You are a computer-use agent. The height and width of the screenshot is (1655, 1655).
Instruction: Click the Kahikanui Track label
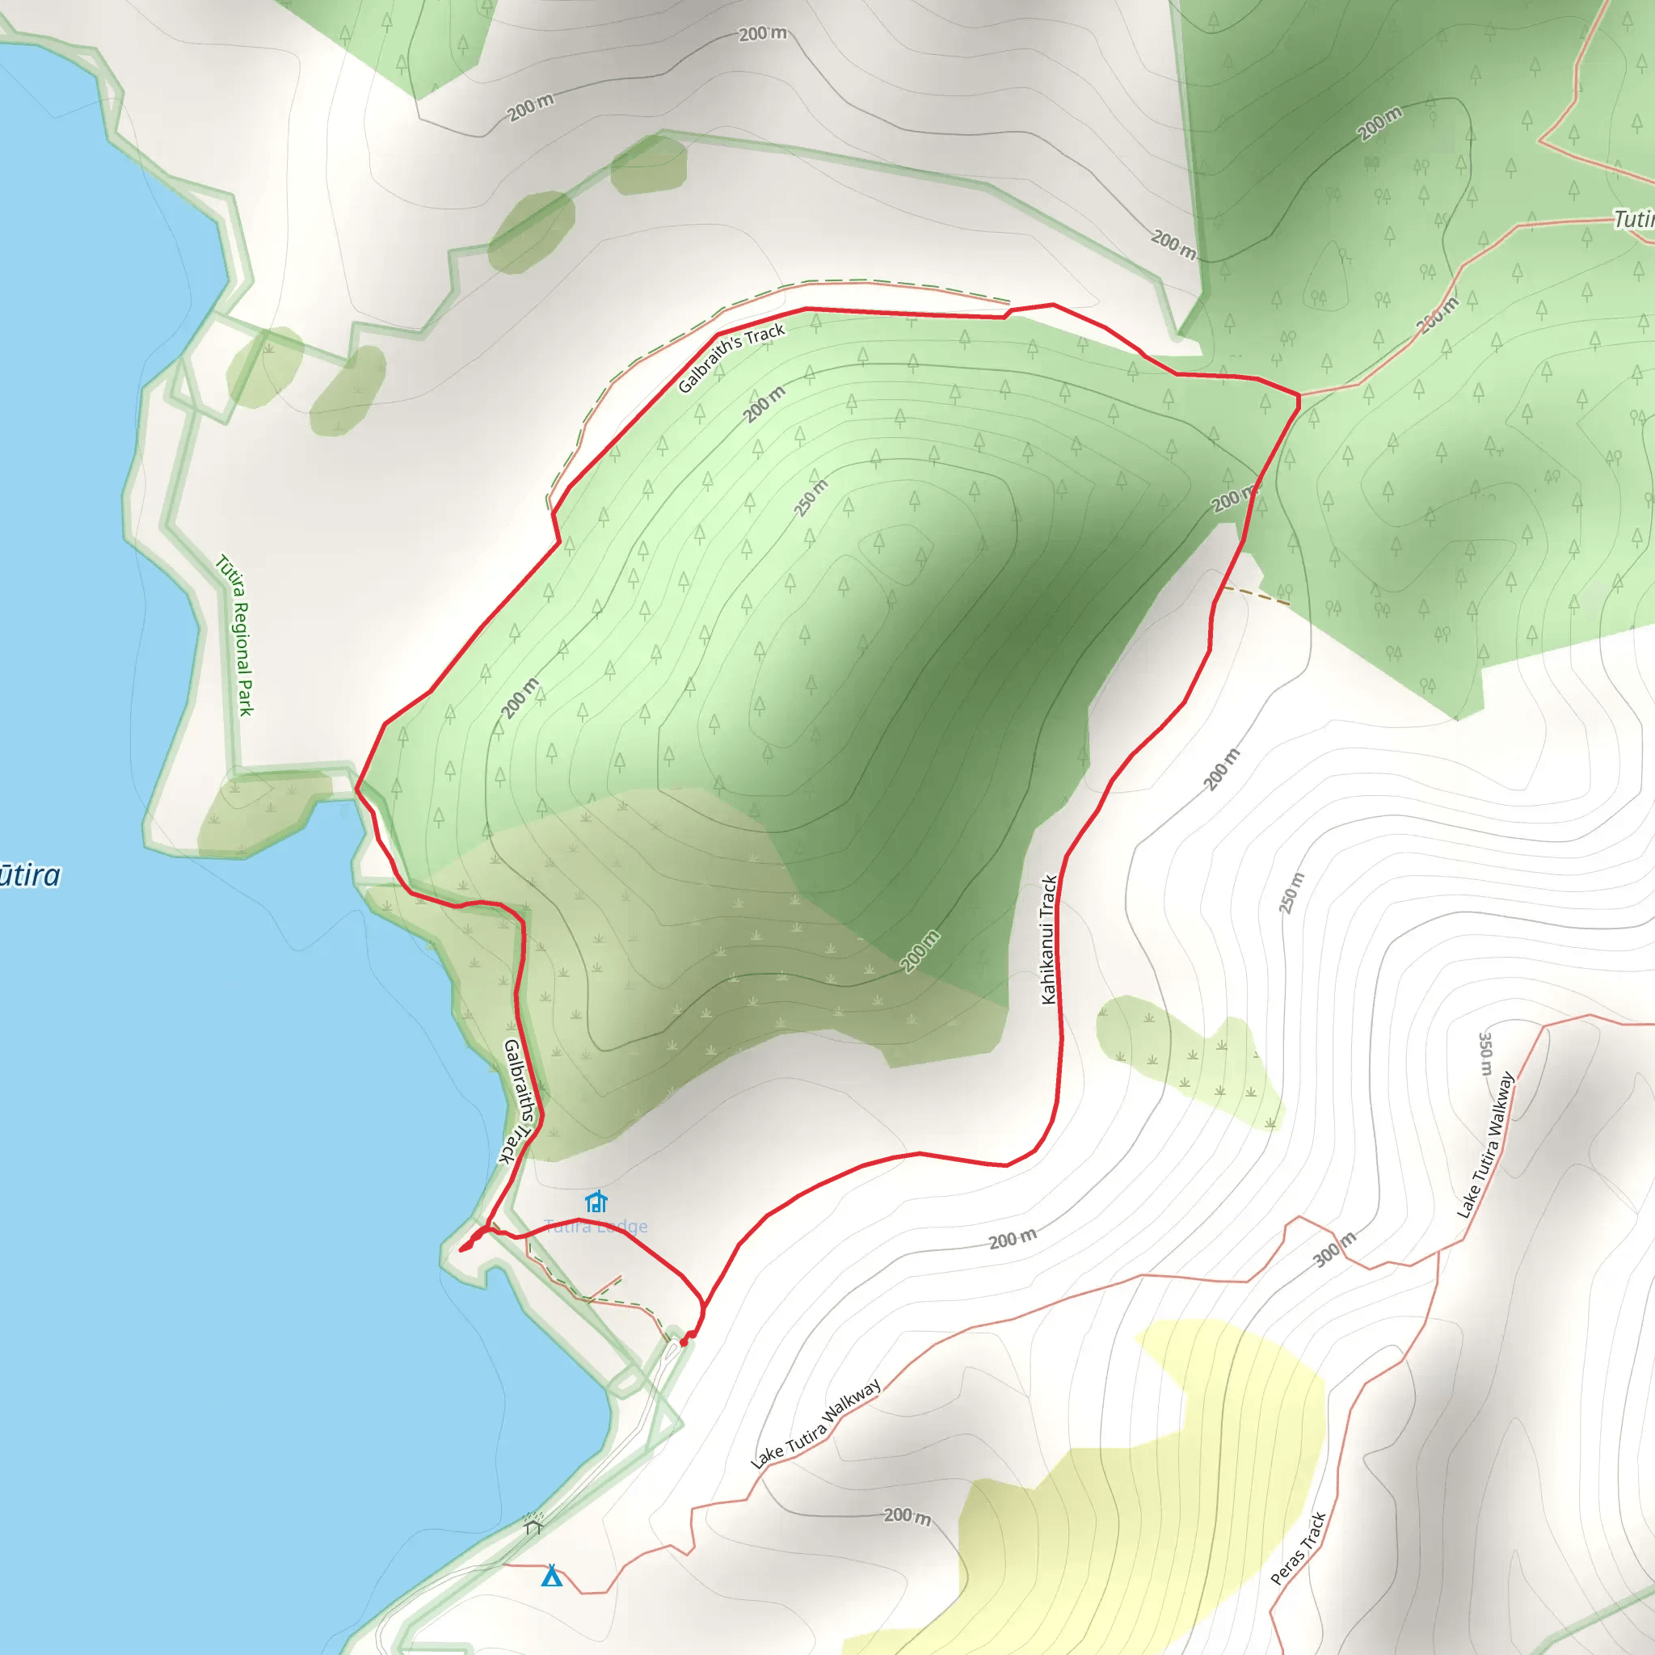(x=1048, y=939)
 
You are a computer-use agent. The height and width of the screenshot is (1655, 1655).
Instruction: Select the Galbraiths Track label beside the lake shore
(x=518, y=1101)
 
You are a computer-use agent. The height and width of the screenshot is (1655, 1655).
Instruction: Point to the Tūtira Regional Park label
(x=236, y=634)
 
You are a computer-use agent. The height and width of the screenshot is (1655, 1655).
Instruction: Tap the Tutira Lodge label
(x=596, y=1227)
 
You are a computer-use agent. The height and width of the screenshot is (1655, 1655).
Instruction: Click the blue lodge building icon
(x=596, y=1201)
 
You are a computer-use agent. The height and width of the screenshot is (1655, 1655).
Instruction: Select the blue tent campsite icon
(x=552, y=1575)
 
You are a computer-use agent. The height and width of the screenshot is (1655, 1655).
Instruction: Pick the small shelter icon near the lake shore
(x=533, y=1526)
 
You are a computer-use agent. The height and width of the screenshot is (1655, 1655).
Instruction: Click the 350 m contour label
(x=1485, y=1054)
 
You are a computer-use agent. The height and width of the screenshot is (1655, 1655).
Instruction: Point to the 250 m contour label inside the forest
(x=811, y=499)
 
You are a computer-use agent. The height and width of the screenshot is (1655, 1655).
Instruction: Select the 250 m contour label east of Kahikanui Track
(x=1292, y=893)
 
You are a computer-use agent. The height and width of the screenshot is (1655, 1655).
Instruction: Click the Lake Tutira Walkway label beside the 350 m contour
(x=1486, y=1144)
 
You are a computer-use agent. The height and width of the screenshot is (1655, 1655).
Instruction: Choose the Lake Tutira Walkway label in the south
(x=815, y=1424)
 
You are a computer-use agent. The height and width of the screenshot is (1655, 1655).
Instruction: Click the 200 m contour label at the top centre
(x=762, y=33)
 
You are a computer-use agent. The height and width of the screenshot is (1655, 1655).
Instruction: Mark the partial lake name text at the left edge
(x=30, y=875)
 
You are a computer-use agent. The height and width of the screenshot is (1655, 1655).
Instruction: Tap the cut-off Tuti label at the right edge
(x=1635, y=219)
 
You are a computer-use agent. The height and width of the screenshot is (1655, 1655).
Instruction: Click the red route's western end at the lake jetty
(x=462, y=1250)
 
